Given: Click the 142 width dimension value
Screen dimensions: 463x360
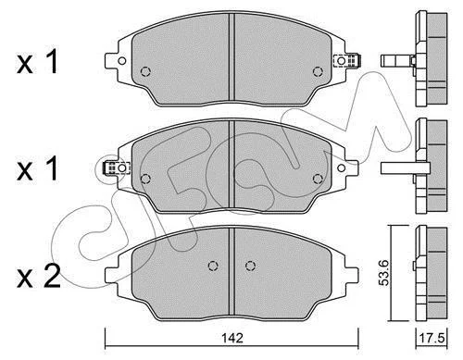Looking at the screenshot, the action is click(232, 339).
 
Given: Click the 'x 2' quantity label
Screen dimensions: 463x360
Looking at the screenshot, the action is click(38, 277).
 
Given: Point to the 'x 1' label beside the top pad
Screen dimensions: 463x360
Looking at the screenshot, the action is click(37, 62).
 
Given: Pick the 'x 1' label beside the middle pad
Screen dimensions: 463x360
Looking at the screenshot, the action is click(37, 168).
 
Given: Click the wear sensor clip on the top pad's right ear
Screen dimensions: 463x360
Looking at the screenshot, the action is click(348, 60).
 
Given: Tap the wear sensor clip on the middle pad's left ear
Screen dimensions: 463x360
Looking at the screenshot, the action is click(116, 168).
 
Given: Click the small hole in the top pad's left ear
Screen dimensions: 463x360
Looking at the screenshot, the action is click(122, 61).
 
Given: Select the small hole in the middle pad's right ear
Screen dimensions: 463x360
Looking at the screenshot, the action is click(342, 168).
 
